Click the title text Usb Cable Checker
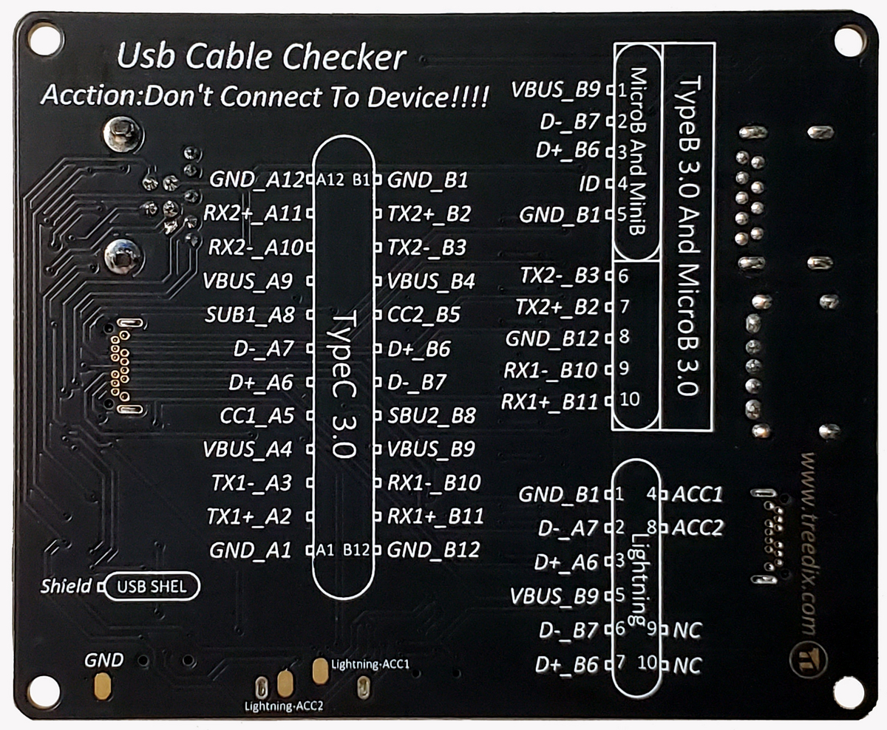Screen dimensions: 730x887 click(x=262, y=58)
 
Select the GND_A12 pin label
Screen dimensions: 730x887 click(x=256, y=180)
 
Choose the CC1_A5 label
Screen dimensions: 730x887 click(x=256, y=416)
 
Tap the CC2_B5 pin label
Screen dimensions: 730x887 click(x=424, y=315)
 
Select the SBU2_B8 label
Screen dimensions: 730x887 click(x=432, y=415)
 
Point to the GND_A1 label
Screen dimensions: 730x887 click(x=251, y=550)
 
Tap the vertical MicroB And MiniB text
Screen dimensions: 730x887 click(x=636, y=151)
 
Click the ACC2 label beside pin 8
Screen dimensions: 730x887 click(x=697, y=528)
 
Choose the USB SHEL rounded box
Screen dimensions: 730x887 click(x=152, y=587)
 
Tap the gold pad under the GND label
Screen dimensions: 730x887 click(x=103, y=686)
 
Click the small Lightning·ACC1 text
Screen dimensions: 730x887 click(x=370, y=664)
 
